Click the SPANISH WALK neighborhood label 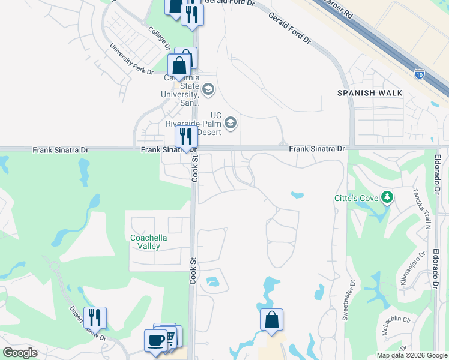click(x=370, y=93)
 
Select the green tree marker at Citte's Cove click(x=387, y=197)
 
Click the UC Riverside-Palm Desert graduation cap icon click(x=231, y=124)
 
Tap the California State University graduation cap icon click(x=208, y=89)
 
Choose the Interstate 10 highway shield click(x=420, y=74)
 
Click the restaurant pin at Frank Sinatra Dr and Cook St click(x=186, y=137)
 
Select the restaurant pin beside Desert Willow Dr click(x=95, y=317)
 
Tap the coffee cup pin click(x=155, y=340)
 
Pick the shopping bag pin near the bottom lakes click(x=271, y=319)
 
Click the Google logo click(x=20, y=353)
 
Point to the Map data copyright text click(x=411, y=355)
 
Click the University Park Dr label click(x=131, y=59)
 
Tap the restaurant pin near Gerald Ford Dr click(x=192, y=14)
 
